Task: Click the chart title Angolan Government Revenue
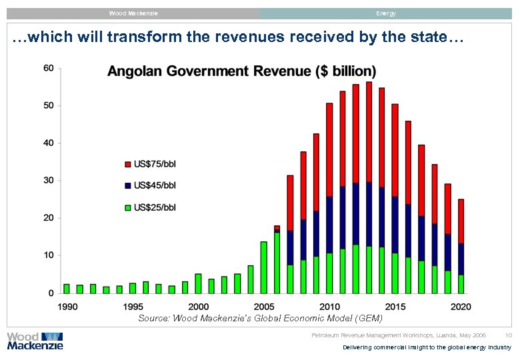click(241, 71)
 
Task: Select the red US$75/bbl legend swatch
click(128, 163)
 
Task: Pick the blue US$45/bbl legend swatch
click(128, 185)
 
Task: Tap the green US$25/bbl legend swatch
click(128, 207)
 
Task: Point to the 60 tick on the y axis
click(48, 68)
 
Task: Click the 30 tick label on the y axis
click(48, 181)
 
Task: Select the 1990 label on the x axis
click(67, 307)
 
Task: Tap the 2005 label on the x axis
click(263, 307)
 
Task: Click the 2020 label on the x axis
click(461, 307)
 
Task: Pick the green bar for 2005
click(263, 267)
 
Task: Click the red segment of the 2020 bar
click(461, 221)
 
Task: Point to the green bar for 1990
click(67, 289)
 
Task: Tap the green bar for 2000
click(198, 283)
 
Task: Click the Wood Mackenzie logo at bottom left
click(35, 341)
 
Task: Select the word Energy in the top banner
click(385, 13)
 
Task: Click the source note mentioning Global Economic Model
click(260, 319)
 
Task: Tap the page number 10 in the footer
click(508, 335)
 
